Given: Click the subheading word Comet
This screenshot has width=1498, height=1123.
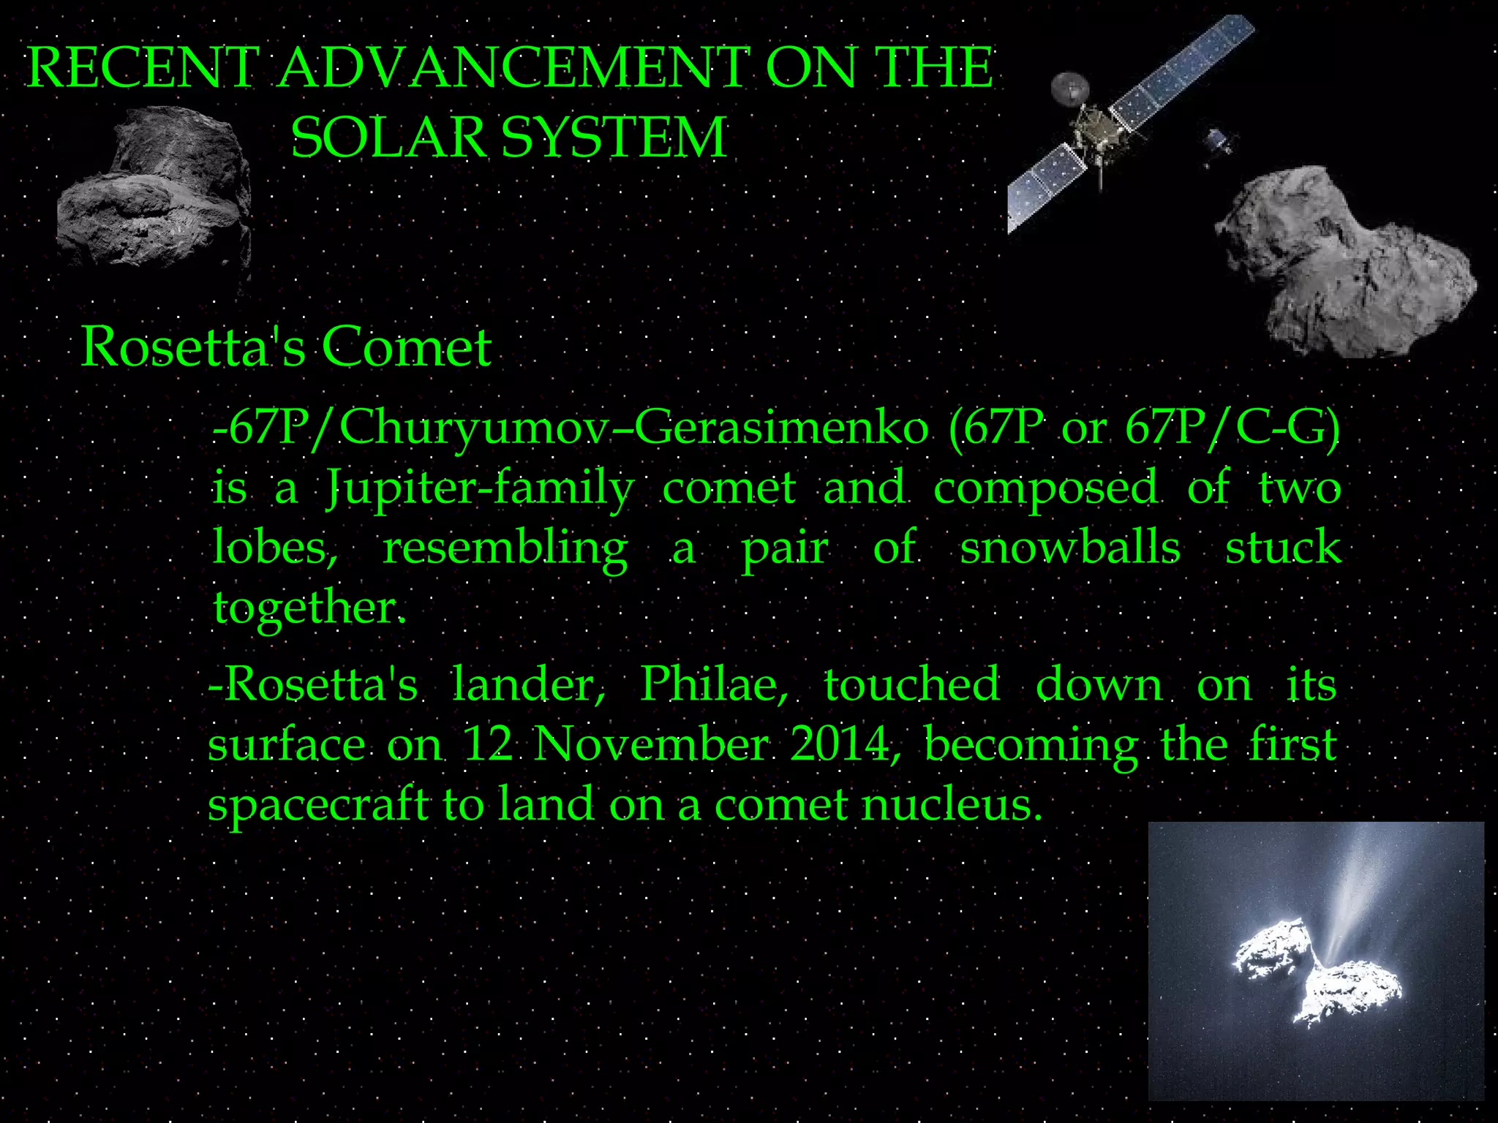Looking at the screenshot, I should click(x=406, y=347).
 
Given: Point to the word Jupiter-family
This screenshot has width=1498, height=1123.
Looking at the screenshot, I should click(x=479, y=488).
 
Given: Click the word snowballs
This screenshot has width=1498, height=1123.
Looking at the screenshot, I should click(x=1069, y=548).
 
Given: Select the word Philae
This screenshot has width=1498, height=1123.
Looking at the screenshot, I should click(x=712, y=685).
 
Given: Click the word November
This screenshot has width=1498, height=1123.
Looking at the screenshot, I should click(x=651, y=745).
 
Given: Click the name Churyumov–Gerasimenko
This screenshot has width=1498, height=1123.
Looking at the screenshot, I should click(x=633, y=427).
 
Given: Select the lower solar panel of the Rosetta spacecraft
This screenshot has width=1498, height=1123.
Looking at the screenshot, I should click(x=1046, y=183).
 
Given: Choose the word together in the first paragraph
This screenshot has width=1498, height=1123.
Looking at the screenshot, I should click(x=307, y=607).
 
